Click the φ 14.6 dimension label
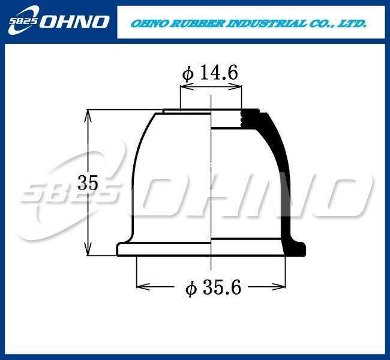210,73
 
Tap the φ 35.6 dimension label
214,287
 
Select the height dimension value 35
88,183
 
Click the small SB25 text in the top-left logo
23,21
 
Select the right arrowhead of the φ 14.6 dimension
235,87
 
